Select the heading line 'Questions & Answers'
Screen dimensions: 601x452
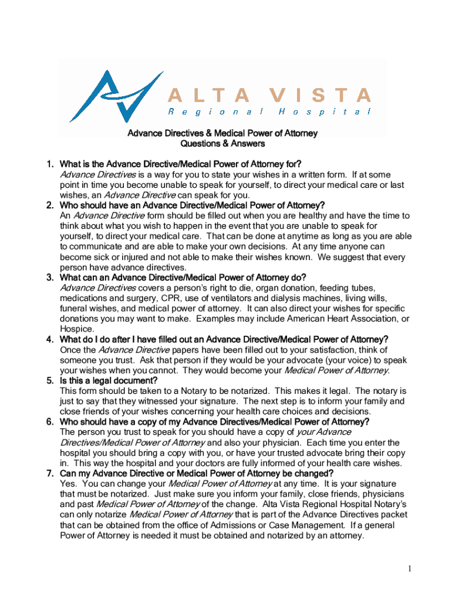(222, 143)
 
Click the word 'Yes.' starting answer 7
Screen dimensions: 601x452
(69, 484)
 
